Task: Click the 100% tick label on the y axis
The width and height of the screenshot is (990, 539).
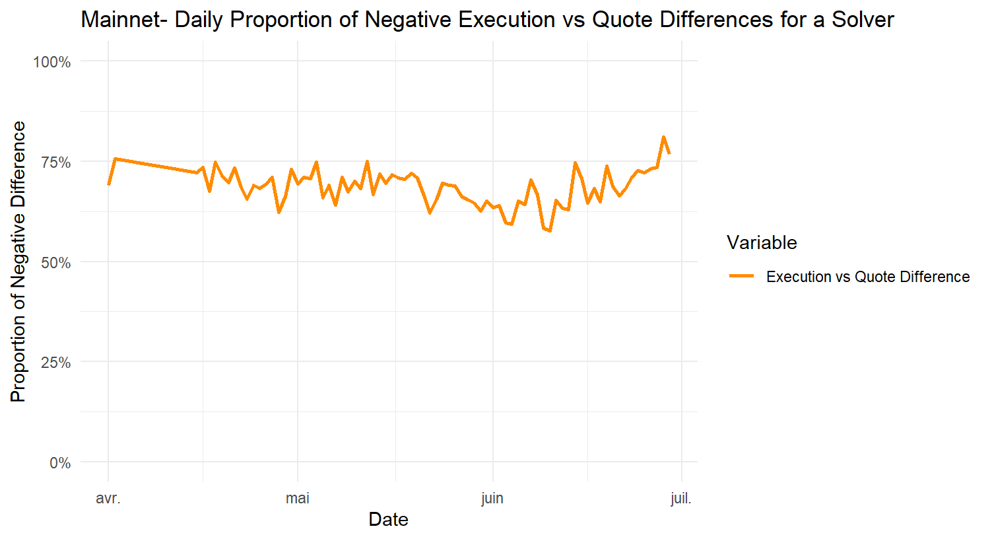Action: pyautogui.click(x=52, y=62)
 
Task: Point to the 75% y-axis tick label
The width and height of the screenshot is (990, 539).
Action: pyautogui.click(x=55, y=162)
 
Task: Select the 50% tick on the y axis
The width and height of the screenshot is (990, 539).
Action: pyautogui.click(x=55, y=263)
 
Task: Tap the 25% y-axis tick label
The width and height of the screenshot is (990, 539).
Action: pyautogui.click(x=55, y=363)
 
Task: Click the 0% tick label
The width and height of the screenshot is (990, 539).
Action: pyautogui.click(x=60, y=463)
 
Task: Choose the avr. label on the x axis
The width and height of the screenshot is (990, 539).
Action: pyautogui.click(x=108, y=498)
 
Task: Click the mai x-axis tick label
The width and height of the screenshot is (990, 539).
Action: pyautogui.click(x=298, y=498)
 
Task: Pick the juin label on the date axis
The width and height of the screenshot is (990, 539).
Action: pyautogui.click(x=492, y=498)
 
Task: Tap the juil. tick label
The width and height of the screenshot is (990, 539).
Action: pyautogui.click(x=681, y=498)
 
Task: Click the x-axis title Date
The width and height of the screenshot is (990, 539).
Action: pyautogui.click(x=388, y=520)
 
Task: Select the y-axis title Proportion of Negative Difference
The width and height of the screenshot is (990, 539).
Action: pyautogui.click(x=18, y=262)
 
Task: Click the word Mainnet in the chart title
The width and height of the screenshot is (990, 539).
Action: pyautogui.click(x=119, y=20)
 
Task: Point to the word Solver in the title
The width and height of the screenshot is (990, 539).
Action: pyautogui.click(x=863, y=20)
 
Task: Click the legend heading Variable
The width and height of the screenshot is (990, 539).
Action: pyautogui.click(x=762, y=242)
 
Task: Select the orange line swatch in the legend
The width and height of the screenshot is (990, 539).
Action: pyautogui.click(x=742, y=277)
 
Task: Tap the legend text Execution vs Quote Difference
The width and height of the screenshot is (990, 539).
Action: pyautogui.click(x=868, y=277)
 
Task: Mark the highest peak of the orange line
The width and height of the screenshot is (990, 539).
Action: pyautogui.click(x=663, y=137)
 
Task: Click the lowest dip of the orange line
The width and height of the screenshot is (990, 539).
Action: pyautogui.click(x=550, y=231)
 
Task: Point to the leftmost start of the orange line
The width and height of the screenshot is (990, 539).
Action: pyautogui.click(x=108, y=185)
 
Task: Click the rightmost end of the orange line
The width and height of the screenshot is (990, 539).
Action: pyautogui.click(x=670, y=154)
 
